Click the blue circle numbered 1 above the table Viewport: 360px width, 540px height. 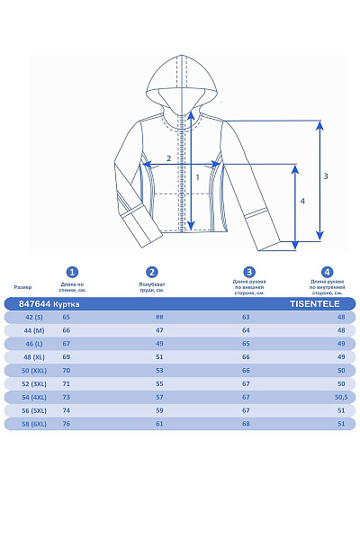73,272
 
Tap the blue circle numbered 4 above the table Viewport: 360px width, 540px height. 328,272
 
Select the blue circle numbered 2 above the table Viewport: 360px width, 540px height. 152,272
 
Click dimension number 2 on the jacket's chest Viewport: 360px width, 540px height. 168,159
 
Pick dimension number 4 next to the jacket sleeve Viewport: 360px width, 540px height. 302,202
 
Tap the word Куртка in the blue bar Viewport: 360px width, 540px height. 67,304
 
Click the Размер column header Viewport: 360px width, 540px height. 22,287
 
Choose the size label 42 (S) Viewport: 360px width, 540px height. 33,317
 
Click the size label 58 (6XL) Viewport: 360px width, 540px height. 33,424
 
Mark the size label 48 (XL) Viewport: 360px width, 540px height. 33,357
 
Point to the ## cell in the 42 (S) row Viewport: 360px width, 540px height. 159,317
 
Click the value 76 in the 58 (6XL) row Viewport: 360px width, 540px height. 67,424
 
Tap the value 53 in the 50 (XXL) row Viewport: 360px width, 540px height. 159,371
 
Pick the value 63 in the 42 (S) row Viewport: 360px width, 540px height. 246,317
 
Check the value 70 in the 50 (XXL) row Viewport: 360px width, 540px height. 67,371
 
